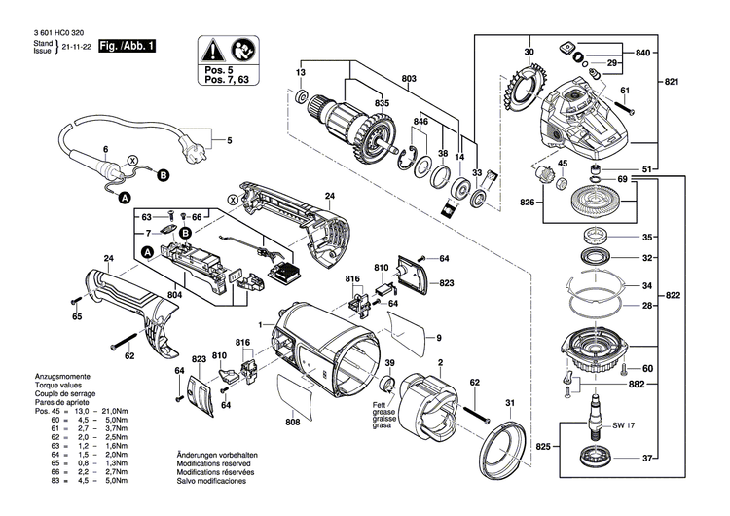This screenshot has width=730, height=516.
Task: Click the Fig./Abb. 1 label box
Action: pos(127,47)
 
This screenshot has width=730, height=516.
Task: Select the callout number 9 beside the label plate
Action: pos(439,337)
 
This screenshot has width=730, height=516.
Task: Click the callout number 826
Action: pos(529,203)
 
